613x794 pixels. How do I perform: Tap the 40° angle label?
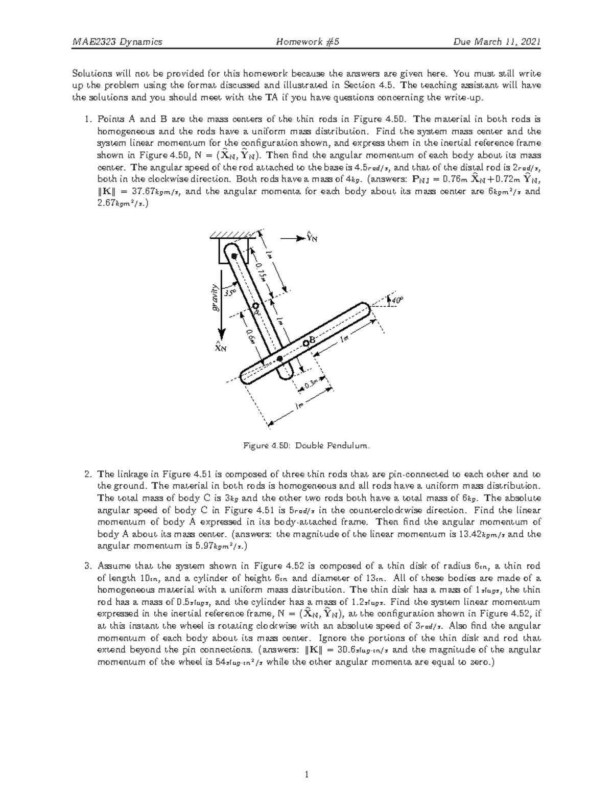point(396,302)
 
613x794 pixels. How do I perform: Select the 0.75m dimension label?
point(261,270)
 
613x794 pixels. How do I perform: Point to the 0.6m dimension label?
point(249,338)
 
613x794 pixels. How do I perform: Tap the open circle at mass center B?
point(305,343)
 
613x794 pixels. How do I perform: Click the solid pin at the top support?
point(234,256)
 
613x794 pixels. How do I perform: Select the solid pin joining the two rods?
point(279,359)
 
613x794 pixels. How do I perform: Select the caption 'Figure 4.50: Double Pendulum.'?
point(305,446)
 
